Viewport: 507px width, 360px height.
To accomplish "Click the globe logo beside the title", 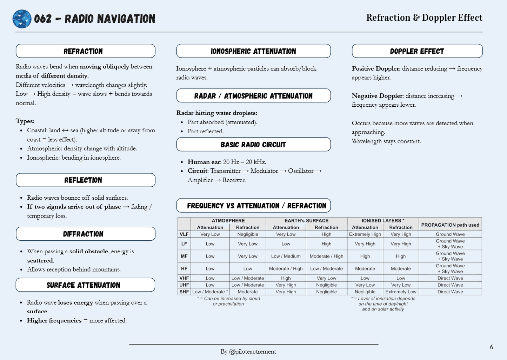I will coord(22,19).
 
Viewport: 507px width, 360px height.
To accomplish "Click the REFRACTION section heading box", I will coord(85,51).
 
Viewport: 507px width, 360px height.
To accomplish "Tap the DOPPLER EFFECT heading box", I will coord(417,51).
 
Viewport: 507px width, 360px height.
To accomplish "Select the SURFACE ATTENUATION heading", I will coord(85,285).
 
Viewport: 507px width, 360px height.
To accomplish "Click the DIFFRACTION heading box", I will coord(85,234).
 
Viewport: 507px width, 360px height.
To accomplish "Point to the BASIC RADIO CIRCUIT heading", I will coord(253,145).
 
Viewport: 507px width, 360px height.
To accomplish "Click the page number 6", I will coord(491,347).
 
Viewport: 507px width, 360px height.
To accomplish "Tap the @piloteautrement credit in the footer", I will coord(252,352).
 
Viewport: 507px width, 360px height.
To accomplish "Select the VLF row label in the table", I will coord(184,234).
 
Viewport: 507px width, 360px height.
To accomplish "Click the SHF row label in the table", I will coord(184,292).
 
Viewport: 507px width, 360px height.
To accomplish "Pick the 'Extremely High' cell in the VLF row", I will coord(365,234).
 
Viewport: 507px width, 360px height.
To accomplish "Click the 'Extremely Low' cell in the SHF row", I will coord(401,292).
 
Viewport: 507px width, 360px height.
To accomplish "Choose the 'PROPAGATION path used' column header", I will coord(450,225).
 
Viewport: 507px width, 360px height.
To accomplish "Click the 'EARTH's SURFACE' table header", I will coord(306,221).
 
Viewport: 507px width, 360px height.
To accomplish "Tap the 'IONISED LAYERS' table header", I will coord(382,221).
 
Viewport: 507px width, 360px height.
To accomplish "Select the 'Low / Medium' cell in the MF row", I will coord(286,256).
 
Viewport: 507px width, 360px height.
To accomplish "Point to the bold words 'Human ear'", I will coord(204,162).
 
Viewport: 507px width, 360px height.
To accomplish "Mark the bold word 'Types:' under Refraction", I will coord(25,121).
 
